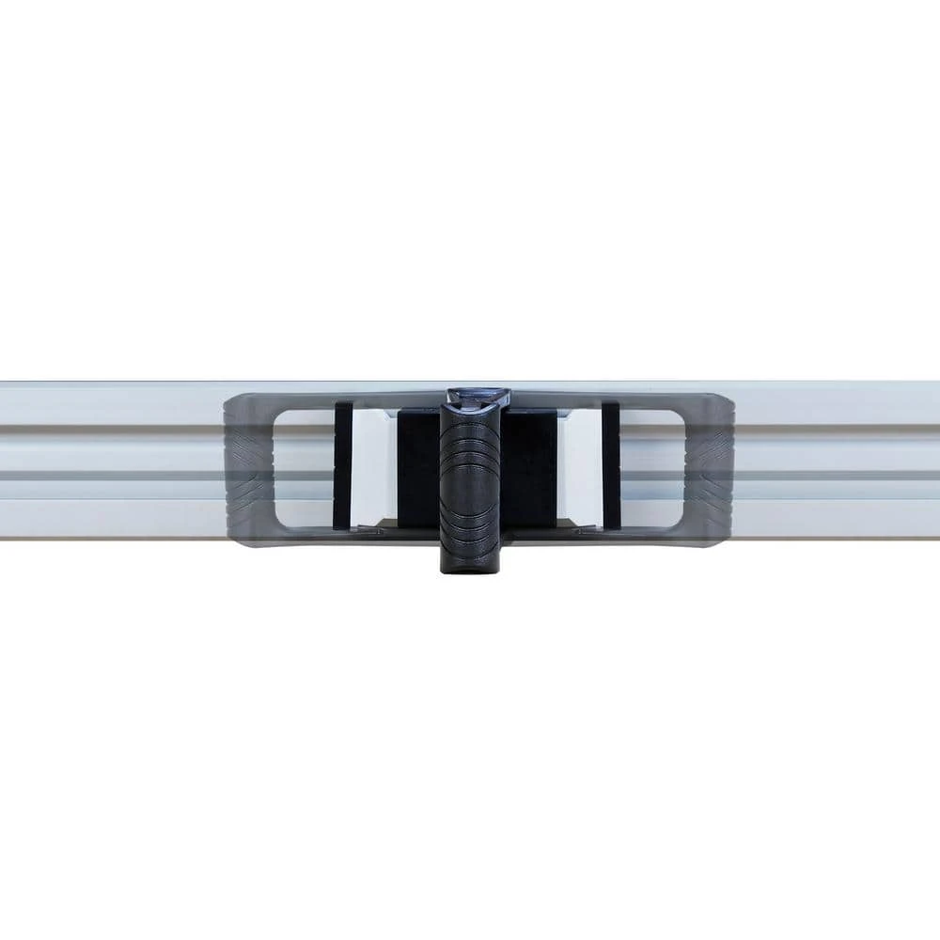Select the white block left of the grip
tap(370, 464)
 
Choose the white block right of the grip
tap(579, 464)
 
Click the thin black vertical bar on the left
tap(343, 464)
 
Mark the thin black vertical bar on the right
tap(611, 464)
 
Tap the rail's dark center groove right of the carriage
tap(837, 476)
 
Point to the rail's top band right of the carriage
tap(837, 402)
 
